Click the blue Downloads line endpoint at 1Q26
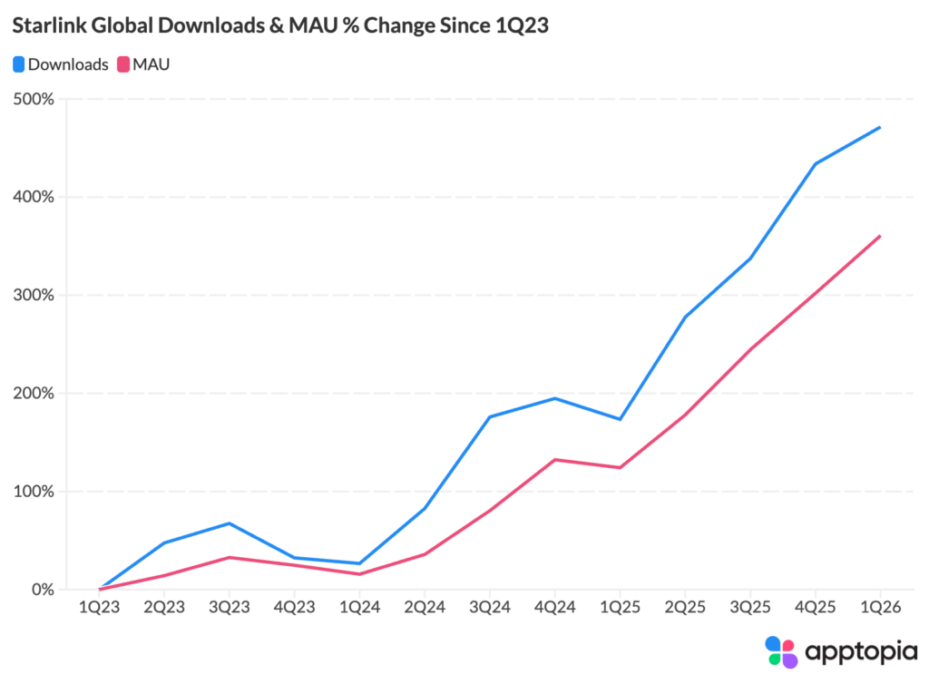click(x=880, y=127)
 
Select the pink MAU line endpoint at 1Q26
click(x=880, y=236)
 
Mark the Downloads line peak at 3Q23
click(x=229, y=523)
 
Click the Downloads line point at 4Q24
click(x=554, y=398)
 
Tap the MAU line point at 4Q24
click(x=554, y=460)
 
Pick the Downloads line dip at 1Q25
click(x=620, y=419)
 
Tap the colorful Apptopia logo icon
click(x=780, y=651)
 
